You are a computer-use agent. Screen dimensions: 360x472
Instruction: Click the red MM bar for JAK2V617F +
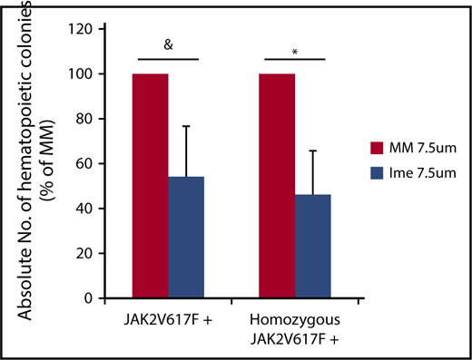coord(151,186)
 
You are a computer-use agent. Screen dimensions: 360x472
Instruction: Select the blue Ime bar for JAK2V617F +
coord(186,238)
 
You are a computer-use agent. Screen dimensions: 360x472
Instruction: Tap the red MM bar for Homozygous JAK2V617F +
coord(278,186)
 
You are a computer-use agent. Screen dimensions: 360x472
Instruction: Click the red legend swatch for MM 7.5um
coord(379,148)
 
